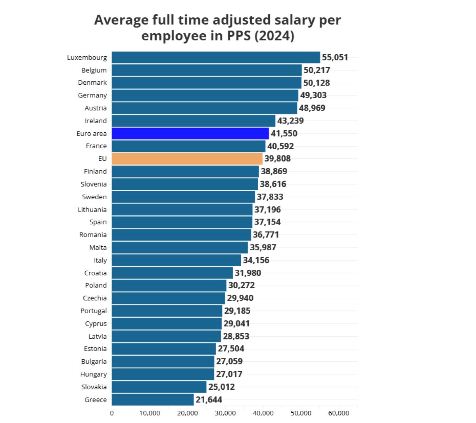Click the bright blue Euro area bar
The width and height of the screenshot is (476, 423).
click(x=190, y=133)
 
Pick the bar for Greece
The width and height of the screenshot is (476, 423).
click(x=153, y=400)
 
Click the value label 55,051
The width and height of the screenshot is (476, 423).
click(x=335, y=57)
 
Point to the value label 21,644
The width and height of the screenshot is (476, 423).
click(x=209, y=400)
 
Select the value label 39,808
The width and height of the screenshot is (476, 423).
click(x=277, y=159)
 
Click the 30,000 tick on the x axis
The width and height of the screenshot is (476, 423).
click(x=225, y=413)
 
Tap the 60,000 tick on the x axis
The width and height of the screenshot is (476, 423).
click(x=339, y=413)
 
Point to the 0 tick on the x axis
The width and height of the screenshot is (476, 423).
click(x=112, y=413)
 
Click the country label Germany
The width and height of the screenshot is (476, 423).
click(x=92, y=95)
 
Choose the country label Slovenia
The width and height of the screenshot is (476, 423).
click(x=94, y=184)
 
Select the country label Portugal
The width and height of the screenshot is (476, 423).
click(x=94, y=311)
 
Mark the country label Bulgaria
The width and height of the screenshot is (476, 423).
click(x=94, y=362)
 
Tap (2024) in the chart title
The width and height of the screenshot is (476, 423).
click(x=274, y=36)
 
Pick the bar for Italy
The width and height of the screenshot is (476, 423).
click(x=177, y=260)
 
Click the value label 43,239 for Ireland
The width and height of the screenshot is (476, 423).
click(x=290, y=121)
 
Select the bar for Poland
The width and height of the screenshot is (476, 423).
click(x=169, y=286)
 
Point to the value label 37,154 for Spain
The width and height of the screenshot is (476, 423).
click(x=267, y=222)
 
